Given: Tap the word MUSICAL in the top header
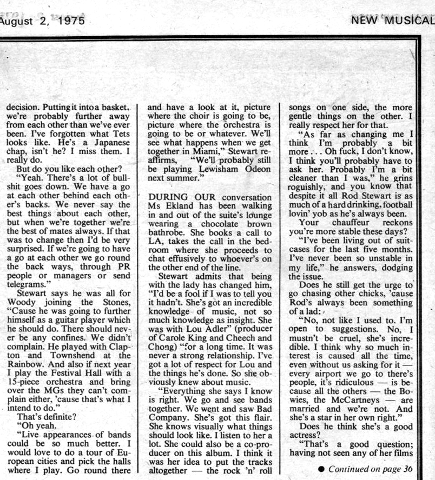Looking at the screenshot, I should click(409, 21).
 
